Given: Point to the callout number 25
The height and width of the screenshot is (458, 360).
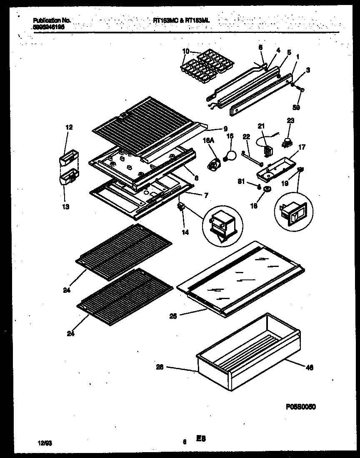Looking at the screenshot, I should pyautogui.click(x=173, y=316).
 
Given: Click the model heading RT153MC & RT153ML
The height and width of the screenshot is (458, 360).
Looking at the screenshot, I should pyautogui.click(x=181, y=20).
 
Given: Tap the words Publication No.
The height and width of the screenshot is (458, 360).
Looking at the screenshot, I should pyautogui.click(x=51, y=20).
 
